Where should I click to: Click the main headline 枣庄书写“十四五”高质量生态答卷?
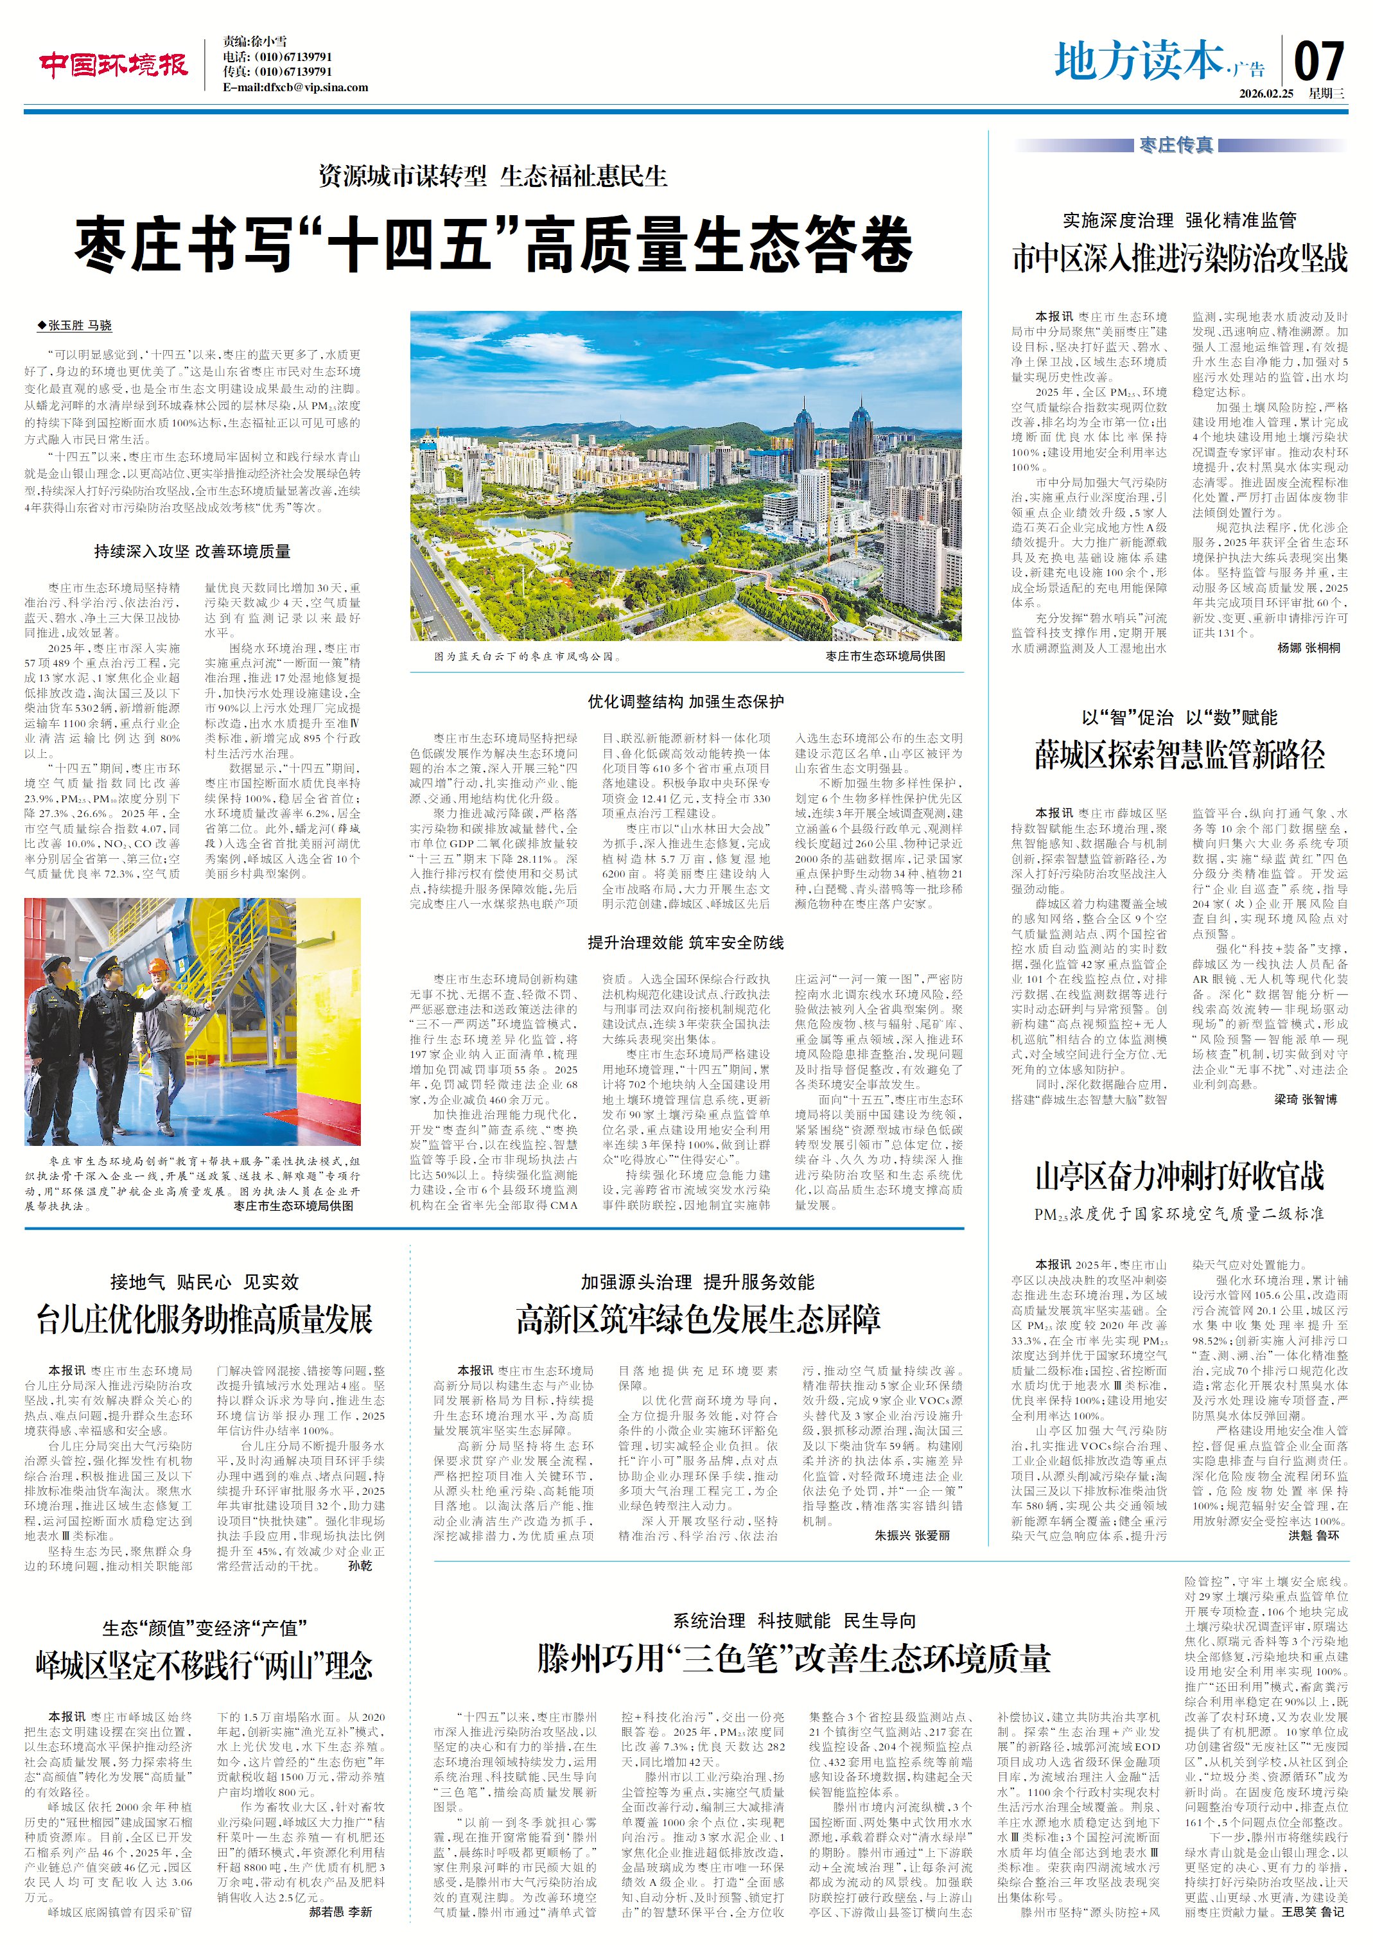tap(494, 245)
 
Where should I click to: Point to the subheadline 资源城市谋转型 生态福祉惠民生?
tap(493, 176)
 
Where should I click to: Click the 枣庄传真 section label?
tap(1176, 146)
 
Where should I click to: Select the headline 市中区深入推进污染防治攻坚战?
tap(1179, 258)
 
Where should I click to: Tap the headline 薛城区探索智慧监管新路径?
tap(1179, 755)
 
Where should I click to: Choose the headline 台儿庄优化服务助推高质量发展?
tap(204, 1320)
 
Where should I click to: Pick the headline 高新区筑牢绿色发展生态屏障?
tap(698, 1319)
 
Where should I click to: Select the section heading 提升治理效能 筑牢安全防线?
tap(685, 943)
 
